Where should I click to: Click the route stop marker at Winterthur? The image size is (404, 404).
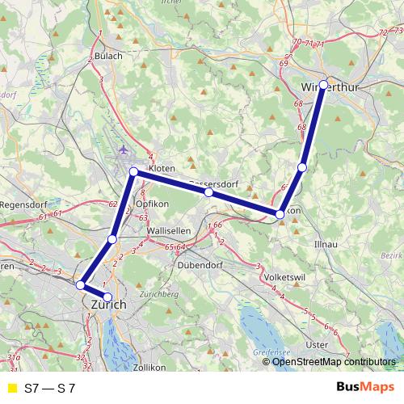(323, 84)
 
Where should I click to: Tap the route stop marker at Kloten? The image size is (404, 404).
(133, 172)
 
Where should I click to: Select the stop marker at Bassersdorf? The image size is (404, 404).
(208, 192)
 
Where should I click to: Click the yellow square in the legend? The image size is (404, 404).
(11, 388)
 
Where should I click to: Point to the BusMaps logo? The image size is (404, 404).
(367, 387)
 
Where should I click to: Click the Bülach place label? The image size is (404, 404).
(108, 56)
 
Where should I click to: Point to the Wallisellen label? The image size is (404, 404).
(168, 230)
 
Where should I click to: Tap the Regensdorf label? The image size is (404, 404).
(23, 205)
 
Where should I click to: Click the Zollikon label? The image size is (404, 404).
(149, 367)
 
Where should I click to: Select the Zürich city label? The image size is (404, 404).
(110, 305)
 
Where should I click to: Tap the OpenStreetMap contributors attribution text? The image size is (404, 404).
(334, 362)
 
